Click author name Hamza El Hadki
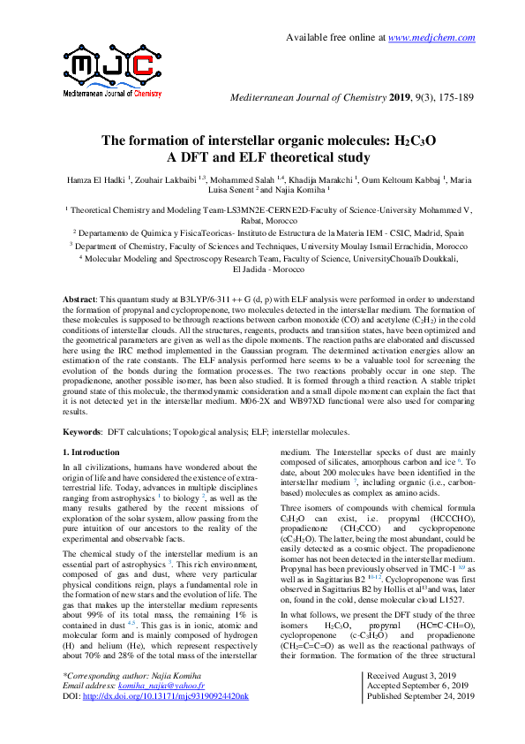click(96, 179)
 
